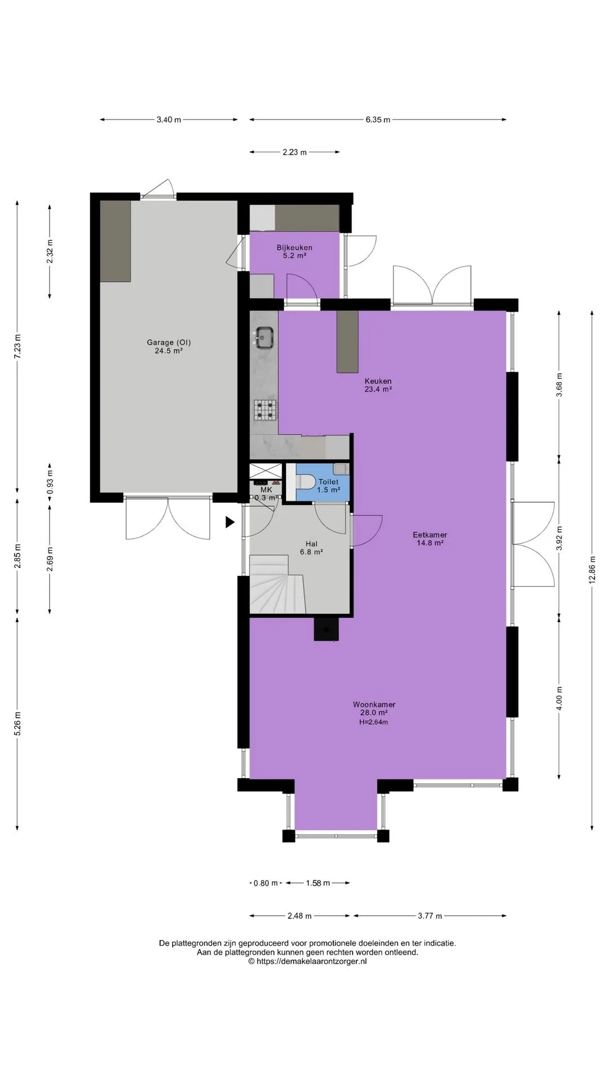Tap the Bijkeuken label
pos(294,247)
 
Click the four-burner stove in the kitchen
pos(265,410)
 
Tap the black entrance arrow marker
pos(230,522)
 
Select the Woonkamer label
pos(374,704)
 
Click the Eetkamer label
pos(430,535)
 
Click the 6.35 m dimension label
pos(378,119)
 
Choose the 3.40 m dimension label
pos(169,119)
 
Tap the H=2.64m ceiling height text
pos(373,722)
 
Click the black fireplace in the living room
pos(326,629)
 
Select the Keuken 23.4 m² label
pos(378,385)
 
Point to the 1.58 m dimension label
pos(317,883)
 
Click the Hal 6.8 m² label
pos(311,548)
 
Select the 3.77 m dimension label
pos(430,916)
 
